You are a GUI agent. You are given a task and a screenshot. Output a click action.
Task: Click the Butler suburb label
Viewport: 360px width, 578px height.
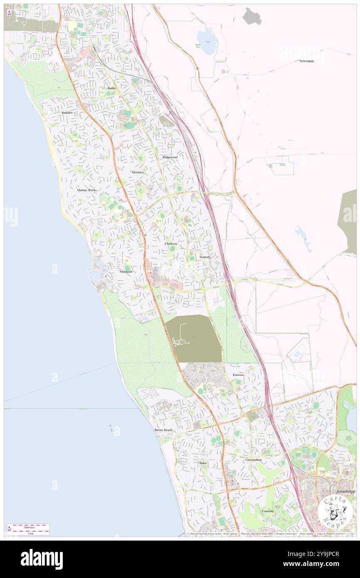click(112, 89)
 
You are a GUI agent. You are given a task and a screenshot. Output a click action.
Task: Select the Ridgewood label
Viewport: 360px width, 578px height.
click(170, 157)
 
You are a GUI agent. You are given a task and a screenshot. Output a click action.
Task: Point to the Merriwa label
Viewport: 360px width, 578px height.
click(137, 172)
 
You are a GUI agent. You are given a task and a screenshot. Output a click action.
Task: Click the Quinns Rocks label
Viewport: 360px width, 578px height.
click(87, 190)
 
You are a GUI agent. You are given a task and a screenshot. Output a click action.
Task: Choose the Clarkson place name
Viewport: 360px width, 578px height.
click(171, 243)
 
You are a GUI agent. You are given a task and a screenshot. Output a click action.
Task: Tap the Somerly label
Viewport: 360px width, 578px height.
click(205, 257)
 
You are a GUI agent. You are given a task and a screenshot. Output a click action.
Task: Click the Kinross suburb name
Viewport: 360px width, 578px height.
click(238, 375)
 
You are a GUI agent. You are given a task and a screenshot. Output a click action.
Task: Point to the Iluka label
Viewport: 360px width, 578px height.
click(202, 463)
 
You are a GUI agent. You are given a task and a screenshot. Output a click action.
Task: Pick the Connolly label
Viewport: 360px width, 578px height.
click(268, 511)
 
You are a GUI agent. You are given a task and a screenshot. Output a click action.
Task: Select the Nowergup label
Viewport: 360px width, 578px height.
click(306, 61)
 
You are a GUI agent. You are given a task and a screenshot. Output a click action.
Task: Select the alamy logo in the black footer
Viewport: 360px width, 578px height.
click(42, 559)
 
